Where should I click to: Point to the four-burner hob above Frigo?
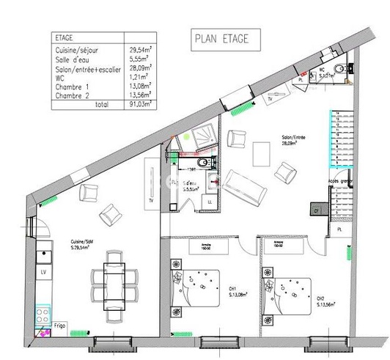coord(43,320)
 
